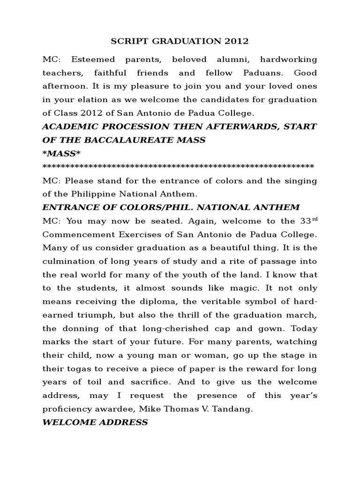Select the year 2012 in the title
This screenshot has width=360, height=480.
(x=236, y=42)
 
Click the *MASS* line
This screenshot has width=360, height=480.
(x=58, y=154)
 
